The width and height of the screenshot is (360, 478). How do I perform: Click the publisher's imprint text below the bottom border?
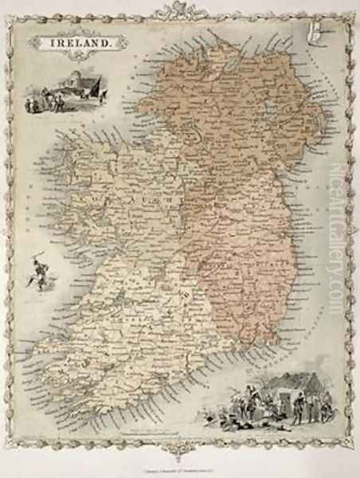(180, 467)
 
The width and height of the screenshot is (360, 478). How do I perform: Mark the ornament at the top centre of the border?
(180, 10)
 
